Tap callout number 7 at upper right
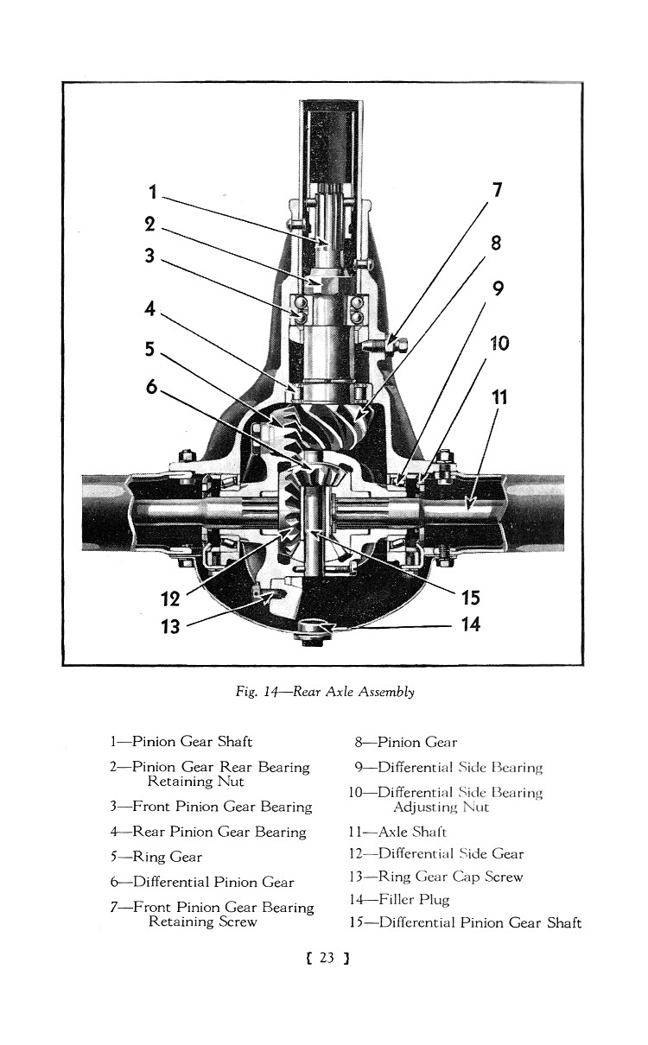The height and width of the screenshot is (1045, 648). pos(497,191)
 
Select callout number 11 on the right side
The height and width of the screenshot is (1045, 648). pos(500,397)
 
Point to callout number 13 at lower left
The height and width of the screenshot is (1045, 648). pos(170,627)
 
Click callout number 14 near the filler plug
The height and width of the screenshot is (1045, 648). pos(470,624)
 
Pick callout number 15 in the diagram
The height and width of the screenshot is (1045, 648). pos(470,598)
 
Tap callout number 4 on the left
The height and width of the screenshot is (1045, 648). pos(151,308)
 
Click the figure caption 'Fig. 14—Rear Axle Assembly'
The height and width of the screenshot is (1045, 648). pos(324,692)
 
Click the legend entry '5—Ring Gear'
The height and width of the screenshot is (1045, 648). pos(156,857)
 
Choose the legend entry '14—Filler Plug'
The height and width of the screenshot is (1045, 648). pos(399,900)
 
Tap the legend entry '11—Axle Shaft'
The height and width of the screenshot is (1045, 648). pos(400,832)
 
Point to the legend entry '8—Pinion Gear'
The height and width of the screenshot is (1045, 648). pos(405,742)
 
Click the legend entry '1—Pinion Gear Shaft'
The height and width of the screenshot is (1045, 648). pos(181,742)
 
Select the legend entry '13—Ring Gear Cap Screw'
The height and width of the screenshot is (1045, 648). pos(436,877)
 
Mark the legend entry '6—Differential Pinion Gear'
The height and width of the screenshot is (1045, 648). pos(201,882)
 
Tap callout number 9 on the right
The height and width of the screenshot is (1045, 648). pos(498,290)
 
